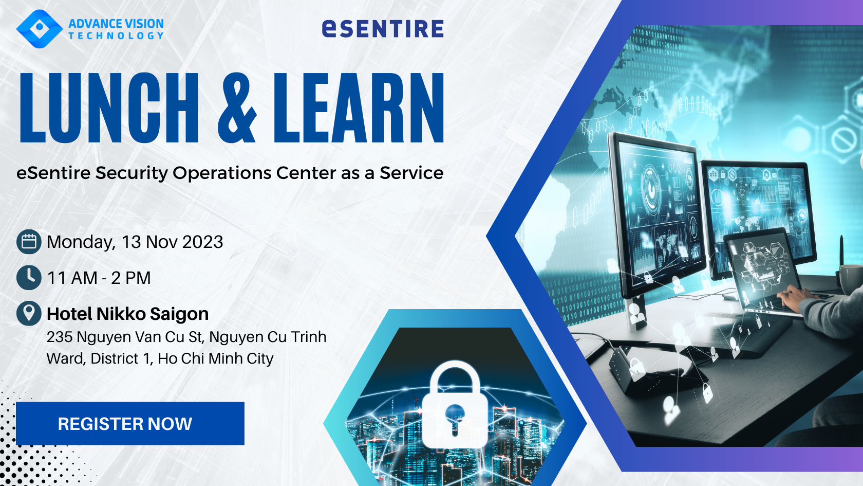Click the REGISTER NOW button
(x=130, y=424)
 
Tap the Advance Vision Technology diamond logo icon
(x=39, y=29)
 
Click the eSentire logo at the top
(x=383, y=29)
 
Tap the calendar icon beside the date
(x=29, y=242)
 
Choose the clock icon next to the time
(x=29, y=278)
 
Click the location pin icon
(x=29, y=313)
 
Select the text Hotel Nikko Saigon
(x=127, y=314)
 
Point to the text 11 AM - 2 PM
(x=99, y=278)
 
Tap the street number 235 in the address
(x=60, y=337)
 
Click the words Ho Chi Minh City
(x=216, y=359)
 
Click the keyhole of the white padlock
(x=455, y=418)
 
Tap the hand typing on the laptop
(x=794, y=296)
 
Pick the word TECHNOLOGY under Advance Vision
(x=116, y=36)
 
